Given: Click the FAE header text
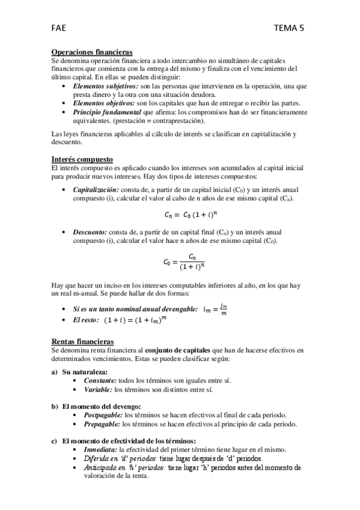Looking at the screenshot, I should click(x=59, y=26).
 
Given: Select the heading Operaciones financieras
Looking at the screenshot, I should click(x=92, y=53).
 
